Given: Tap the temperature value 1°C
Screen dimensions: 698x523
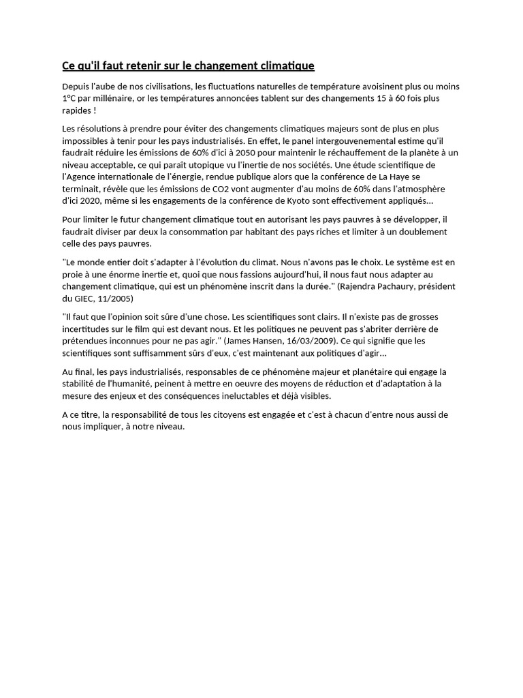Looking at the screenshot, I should pos(68,99).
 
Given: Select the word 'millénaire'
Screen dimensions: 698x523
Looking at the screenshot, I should pos(108,99).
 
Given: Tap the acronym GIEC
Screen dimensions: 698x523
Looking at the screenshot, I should pos(84,299).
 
